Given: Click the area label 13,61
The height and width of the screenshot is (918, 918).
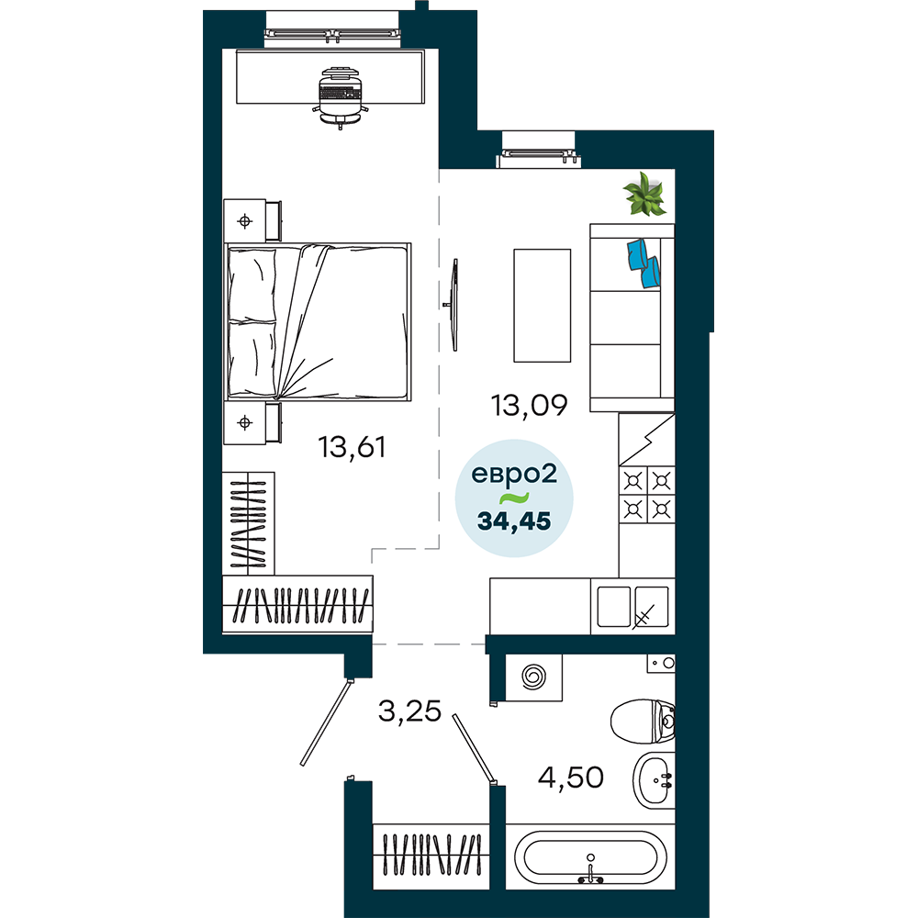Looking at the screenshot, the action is click(x=352, y=448).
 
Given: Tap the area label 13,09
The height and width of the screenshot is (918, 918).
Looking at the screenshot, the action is click(x=530, y=405).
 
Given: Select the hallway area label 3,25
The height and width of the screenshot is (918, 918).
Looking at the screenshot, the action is click(x=409, y=711).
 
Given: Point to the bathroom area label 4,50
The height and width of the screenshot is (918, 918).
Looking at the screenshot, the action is click(x=570, y=778).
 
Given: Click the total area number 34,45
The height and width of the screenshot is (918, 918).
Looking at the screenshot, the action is click(x=514, y=521).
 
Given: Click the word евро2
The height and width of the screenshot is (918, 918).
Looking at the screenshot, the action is click(x=514, y=475).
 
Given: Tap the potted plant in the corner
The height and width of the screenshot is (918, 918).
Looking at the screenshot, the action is click(x=644, y=193).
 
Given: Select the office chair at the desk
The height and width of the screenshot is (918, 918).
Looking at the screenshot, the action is click(x=341, y=96).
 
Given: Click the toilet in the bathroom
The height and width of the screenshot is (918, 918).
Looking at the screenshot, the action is click(x=643, y=721).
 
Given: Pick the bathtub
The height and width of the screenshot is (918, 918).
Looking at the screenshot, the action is click(x=590, y=857).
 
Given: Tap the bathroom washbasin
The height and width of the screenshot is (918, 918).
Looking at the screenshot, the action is click(x=654, y=780).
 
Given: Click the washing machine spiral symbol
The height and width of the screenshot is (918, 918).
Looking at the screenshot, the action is click(x=534, y=677).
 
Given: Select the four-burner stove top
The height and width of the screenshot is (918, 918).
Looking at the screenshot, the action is click(x=647, y=495).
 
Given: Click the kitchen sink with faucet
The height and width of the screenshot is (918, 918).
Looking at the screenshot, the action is click(x=633, y=607).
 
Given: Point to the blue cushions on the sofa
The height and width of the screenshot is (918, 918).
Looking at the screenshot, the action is click(x=644, y=263).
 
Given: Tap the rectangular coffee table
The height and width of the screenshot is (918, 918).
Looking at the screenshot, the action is click(x=543, y=306).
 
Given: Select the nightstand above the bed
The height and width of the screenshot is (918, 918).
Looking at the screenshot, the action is click(x=252, y=220).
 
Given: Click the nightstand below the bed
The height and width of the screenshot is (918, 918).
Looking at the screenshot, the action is click(x=252, y=422).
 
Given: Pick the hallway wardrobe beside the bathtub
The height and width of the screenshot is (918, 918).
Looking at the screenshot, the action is click(x=431, y=857).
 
